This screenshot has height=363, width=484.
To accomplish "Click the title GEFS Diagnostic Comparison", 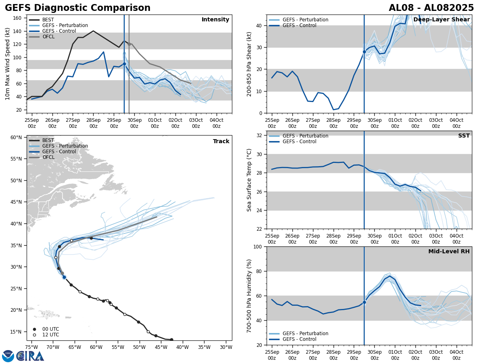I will (x=77, y=8).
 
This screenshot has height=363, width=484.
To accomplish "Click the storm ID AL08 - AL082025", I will (x=431, y=8).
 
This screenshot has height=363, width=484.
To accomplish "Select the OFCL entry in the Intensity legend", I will (x=48, y=37).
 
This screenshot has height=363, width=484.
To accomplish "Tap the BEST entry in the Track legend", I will (x=48, y=140).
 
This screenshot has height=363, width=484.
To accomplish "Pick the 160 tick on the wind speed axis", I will (x=18, y=18).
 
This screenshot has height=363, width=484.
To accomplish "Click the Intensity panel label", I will (x=215, y=20).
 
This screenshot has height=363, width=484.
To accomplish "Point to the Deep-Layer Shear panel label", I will (x=441, y=20).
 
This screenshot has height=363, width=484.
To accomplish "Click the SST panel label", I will (x=464, y=136).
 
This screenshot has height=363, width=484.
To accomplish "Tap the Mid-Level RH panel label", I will (x=449, y=252).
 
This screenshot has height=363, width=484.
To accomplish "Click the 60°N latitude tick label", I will (x=16, y=138).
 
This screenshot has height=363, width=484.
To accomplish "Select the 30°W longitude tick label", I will (x=226, y=347).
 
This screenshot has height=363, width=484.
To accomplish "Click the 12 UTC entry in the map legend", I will (x=50, y=335).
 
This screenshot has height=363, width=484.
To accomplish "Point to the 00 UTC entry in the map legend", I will (x=50, y=329).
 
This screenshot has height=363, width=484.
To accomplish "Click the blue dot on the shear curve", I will (x=364, y=52).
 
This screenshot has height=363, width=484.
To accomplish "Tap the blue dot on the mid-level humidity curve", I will (x=364, y=302).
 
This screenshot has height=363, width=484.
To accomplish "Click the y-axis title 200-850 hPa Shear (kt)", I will (x=250, y=64).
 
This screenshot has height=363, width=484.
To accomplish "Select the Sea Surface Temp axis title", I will (x=250, y=180).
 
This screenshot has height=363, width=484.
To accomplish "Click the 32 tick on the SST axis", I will (x=260, y=136).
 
